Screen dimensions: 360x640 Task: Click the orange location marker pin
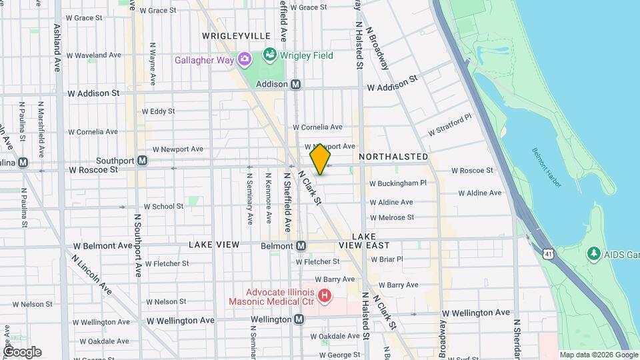click(x=321, y=159)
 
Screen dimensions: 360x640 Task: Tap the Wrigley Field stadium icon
click(x=270, y=55)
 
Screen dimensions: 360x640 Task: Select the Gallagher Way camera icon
click(x=245, y=60)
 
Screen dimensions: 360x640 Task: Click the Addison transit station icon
click(x=296, y=85)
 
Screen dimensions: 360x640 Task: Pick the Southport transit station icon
click(x=142, y=161)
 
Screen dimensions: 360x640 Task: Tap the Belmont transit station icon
click(x=301, y=246)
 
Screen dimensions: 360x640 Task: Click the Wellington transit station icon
click(x=299, y=319)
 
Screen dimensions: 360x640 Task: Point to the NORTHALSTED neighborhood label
click(x=393, y=157)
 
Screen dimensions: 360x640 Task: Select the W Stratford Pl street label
click(x=449, y=125)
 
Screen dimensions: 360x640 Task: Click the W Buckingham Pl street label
click(x=397, y=183)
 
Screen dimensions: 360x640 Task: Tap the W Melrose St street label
click(x=391, y=217)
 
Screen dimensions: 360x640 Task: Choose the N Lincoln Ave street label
click(x=92, y=273)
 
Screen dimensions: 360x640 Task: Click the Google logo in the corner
click(x=22, y=352)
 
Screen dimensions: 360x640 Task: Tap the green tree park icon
click(x=593, y=253)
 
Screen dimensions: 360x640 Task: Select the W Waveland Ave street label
click(x=94, y=55)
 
